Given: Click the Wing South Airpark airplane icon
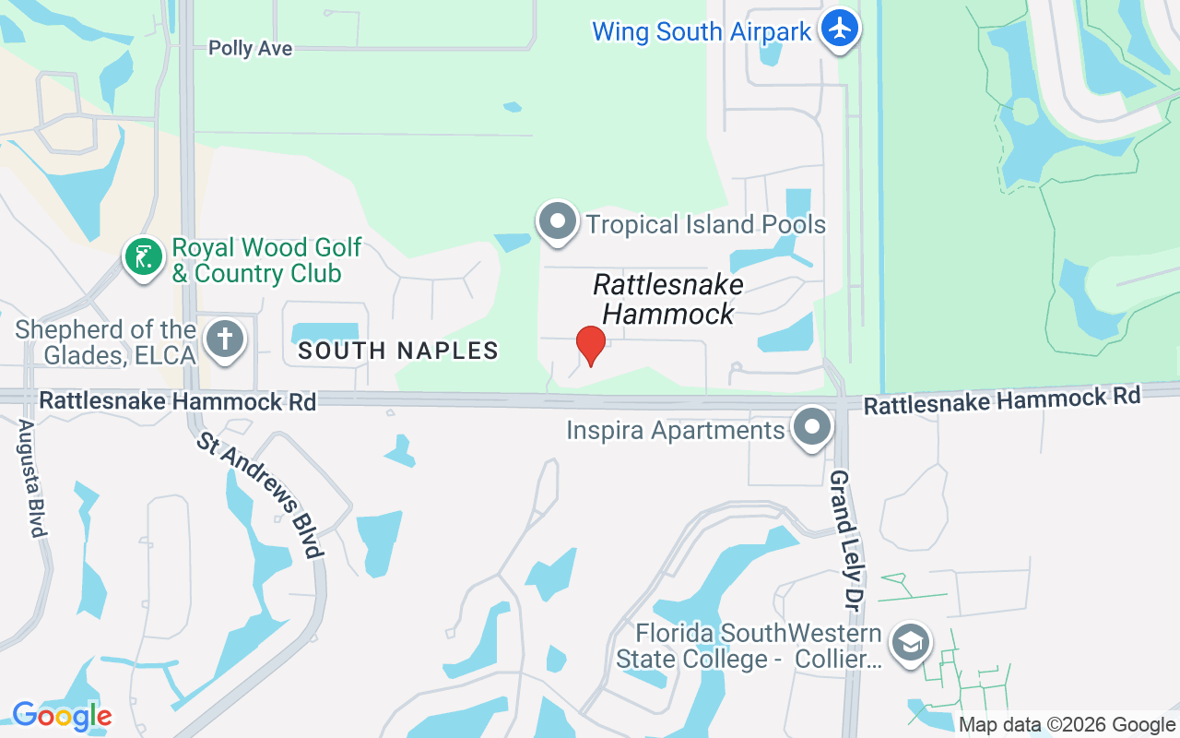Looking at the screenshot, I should (x=839, y=29).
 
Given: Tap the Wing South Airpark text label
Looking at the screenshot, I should (x=702, y=31).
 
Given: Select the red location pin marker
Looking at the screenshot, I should (x=590, y=346).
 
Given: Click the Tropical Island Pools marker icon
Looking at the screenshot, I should (x=558, y=222).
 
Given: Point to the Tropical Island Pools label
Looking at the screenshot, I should (x=706, y=224).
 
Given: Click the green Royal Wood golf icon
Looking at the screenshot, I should (x=143, y=256).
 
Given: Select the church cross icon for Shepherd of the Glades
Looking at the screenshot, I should (x=224, y=339).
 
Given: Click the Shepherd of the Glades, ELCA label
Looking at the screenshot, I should (x=106, y=342).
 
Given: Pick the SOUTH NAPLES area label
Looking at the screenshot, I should (x=398, y=351).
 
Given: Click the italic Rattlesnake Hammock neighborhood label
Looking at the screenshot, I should (x=668, y=299).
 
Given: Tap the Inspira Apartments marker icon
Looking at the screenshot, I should (x=811, y=428).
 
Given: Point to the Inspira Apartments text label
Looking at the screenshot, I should (x=675, y=430).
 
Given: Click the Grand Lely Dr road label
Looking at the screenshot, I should (x=844, y=539).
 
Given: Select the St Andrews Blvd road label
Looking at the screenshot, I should (x=261, y=495).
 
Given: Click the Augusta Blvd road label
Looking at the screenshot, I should (x=31, y=478).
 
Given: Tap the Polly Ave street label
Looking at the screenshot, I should (x=250, y=48).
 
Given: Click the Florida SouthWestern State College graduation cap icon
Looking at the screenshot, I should (x=911, y=642).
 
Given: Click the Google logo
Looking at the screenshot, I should (x=62, y=715).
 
